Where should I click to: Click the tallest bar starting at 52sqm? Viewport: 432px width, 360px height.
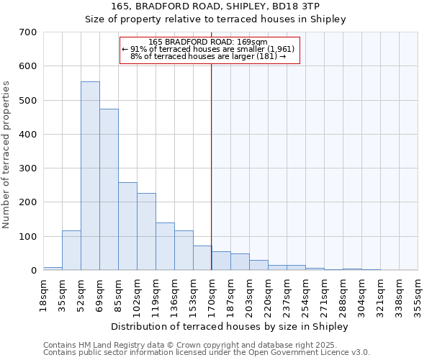click(x=90, y=176)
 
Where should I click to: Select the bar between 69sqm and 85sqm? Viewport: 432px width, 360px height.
click(x=109, y=189)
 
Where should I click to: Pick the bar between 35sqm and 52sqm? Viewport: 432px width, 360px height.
click(x=71, y=251)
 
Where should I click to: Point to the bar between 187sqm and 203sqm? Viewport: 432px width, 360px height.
click(x=240, y=262)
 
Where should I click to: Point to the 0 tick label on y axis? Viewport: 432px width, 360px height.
click(x=33, y=271)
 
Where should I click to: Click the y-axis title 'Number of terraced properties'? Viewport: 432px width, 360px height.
click(x=6, y=155)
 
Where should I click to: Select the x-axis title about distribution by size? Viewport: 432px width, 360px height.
click(x=230, y=326)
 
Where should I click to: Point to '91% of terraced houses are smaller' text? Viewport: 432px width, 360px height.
click(x=208, y=49)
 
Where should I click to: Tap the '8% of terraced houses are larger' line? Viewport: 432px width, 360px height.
click(x=208, y=56)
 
